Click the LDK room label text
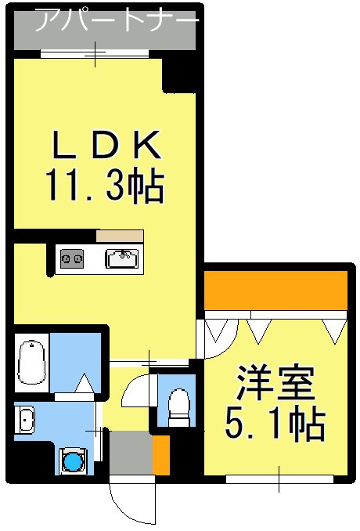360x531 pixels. (x=106, y=145)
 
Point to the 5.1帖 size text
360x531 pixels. (x=275, y=423)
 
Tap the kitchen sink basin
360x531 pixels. (x=122, y=258)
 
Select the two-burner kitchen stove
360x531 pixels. (x=72, y=258)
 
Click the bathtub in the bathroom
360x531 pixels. (x=31, y=362)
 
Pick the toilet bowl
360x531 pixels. (x=179, y=406)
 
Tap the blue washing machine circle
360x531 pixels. (x=73, y=461)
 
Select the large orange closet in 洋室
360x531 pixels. (x=276, y=291)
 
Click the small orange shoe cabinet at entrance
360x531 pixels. (x=160, y=454)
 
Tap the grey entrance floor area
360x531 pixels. (x=131, y=453)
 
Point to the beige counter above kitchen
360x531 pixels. (x=120, y=236)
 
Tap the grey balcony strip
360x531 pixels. (x=105, y=31)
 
